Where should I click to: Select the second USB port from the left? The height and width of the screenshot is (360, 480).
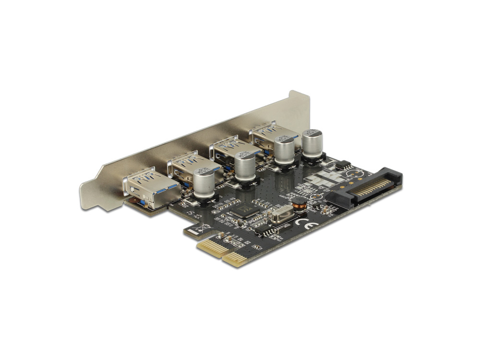click(185, 168)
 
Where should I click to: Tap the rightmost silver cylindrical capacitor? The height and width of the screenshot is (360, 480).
click(312, 141)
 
